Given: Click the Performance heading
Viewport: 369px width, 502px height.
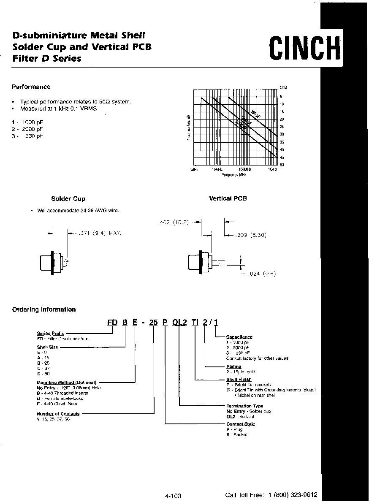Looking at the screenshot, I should point(31,87).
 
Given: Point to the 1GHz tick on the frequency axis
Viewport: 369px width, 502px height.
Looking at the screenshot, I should point(272,169).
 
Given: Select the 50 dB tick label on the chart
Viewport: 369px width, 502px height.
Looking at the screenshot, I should point(282,165).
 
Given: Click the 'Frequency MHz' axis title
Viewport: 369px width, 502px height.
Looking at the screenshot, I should point(234,174).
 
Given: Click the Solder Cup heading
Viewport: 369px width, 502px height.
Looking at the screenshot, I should point(68,199).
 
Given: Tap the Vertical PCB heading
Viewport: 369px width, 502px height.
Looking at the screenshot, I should point(228,198).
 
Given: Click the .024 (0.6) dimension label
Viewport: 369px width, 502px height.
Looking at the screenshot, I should point(261,274).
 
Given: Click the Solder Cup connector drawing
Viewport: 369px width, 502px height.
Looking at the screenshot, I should point(53,263).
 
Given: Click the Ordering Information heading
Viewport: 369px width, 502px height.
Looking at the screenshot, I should point(44,309).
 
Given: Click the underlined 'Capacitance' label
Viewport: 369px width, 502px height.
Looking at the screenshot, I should point(239,337).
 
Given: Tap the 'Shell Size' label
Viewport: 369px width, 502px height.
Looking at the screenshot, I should point(47,347).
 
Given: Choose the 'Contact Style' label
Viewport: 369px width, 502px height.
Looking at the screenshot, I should point(240,424).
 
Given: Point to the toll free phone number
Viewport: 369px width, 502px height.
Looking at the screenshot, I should point(293,495).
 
